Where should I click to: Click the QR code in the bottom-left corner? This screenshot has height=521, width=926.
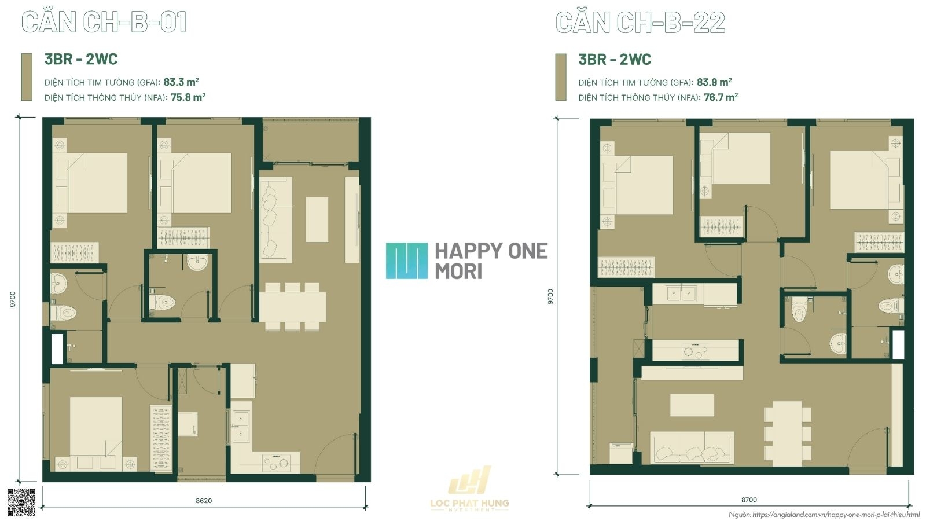click(21, 502)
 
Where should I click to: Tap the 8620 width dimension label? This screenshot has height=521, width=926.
click(204, 501)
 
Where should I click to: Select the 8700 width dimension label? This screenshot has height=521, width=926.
click(749, 500)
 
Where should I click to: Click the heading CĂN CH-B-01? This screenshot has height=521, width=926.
click(104, 22)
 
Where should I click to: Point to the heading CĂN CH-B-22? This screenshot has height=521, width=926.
click(640, 22)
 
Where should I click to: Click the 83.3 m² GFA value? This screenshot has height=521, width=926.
click(181, 82)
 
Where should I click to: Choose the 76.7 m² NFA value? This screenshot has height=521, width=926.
click(721, 97)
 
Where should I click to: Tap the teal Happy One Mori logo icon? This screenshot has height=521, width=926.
click(407, 260)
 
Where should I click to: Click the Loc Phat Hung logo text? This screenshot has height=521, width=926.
click(469, 504)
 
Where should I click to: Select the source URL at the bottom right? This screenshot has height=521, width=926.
click(824, 515)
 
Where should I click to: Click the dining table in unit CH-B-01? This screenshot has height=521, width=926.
click(293, 307)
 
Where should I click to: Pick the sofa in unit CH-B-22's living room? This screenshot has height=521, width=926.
click(692, 448)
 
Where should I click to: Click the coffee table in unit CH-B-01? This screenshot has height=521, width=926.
click(317, 219)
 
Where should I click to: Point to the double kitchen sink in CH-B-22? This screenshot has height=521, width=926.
click(681, 293)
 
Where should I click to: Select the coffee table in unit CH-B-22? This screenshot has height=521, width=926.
click(692, 405)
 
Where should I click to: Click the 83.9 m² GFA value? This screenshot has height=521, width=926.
click(714, 82)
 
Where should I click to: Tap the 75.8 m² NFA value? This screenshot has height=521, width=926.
click(188, 97)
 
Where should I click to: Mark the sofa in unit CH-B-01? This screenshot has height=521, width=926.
click(276, 219)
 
